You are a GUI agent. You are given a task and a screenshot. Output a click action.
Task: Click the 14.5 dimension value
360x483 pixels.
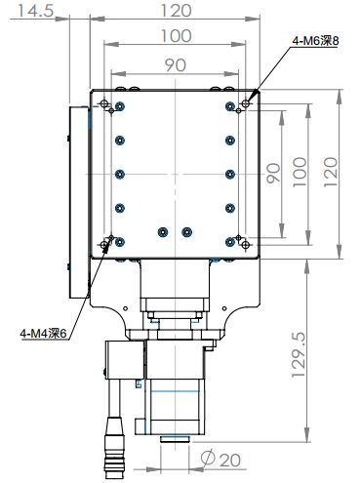[35, 11]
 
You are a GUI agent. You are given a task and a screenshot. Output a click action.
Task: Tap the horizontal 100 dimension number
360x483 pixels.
[177, 36]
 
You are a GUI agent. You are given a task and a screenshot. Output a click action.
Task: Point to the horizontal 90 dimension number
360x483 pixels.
[176, 65]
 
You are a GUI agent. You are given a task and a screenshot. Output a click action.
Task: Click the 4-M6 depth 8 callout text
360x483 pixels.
[315, 41]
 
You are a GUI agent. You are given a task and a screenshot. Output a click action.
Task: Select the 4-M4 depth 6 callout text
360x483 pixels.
[43, 333]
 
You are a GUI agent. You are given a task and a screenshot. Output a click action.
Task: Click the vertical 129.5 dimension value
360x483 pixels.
[299, 355]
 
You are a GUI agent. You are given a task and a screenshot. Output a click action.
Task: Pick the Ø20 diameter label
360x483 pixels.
[220, 460]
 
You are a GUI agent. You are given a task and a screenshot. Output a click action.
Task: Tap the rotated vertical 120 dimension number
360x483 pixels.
[330, 172]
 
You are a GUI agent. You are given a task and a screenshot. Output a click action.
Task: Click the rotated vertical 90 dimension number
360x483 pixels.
[273, 173]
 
